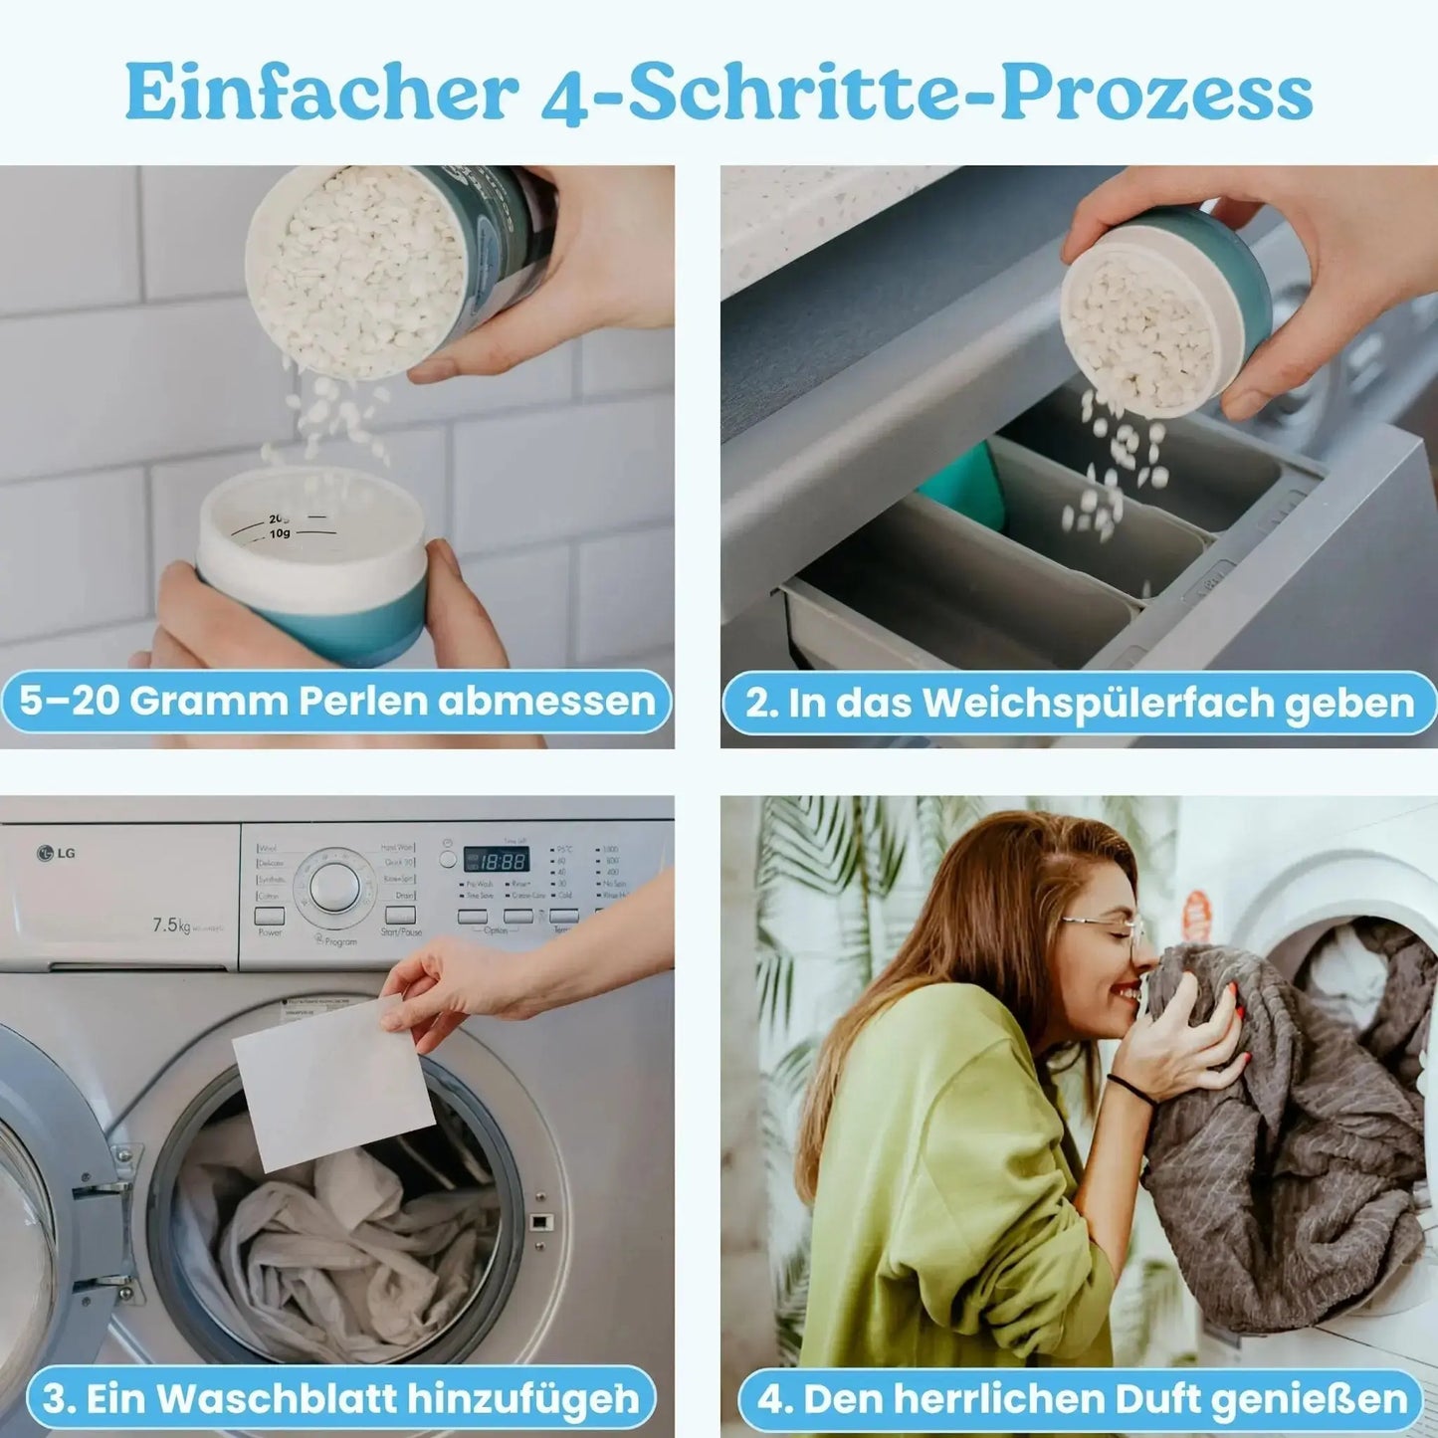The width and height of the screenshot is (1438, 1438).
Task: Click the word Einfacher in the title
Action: pyautogui.click(x=320, y=93)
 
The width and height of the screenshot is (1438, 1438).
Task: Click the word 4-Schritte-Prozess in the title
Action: pyautogui.click(x=925, y=95)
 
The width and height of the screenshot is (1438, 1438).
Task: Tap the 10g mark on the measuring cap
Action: pyautogui.click(x=280, y=534)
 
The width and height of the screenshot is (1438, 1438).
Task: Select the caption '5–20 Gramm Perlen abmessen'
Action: pyautogui.click(x=336, y=702)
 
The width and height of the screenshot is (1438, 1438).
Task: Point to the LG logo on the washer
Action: pyautogui.click(x=57, y=853)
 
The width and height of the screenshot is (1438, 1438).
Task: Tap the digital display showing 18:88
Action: pyautogui.click(x=497, y=859)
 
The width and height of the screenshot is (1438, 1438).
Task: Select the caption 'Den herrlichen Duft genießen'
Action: pyautogui.click(x=1082, y=1398)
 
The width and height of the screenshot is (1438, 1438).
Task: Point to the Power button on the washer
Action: pyautogui.click(x=270, y=917)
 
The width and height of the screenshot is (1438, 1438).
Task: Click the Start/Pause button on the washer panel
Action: pyautogui.click(x=400, y=916)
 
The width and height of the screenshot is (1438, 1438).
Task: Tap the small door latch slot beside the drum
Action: pyautogui.click(x=539, y=1221)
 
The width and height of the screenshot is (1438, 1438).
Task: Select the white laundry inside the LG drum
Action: pyautogui.click(x=338, y=1254)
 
